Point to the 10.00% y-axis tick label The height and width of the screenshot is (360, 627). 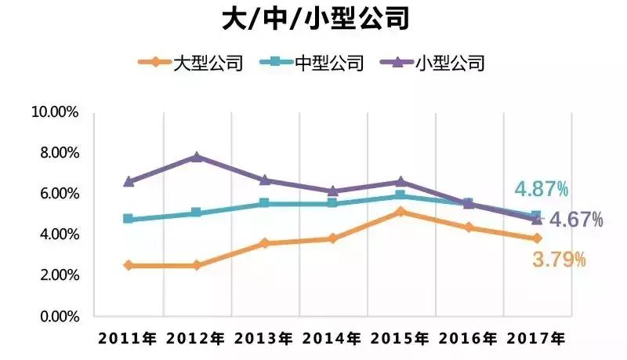tap(54, 112)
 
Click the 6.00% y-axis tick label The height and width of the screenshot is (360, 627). tap(57, 194)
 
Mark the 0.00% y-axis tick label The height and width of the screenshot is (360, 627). tap(57, 316)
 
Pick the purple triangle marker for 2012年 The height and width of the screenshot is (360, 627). tap(197, 157)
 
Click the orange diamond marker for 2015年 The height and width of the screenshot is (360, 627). tap(400, 212)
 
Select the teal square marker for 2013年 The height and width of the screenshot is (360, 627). tap(265, 203)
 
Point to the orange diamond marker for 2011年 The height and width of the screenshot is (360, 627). tap(129, 265)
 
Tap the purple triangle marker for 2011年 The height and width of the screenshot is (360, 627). tap(129, 181)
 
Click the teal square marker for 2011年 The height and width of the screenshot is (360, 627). tap(129, 219)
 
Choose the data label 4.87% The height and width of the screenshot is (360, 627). tap(541, 189)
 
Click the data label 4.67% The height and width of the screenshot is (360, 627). tap(576, 220)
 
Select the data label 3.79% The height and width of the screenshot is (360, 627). tap(559, 260)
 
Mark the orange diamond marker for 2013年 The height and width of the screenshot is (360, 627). tap(265, 243)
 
